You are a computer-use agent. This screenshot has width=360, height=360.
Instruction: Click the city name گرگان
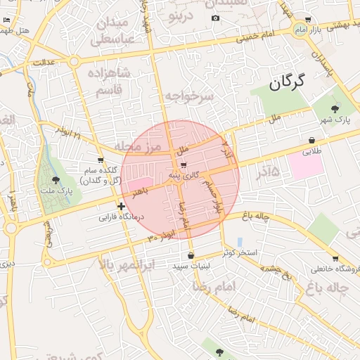pyautogui.click(x=288, y=84)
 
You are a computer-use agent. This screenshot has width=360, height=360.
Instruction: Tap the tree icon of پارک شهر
pyautogui.click(x=335, y=108)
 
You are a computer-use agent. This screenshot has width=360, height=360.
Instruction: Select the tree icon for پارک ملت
pyautogui.click(x=57, y=180)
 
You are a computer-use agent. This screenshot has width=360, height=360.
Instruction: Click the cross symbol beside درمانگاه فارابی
pyautogui.click(x=122, y=207)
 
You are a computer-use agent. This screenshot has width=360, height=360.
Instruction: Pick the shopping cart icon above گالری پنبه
pyautogui.click(x=184, y=165)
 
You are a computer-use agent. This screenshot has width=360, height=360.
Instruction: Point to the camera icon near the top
pyautogui.click(x=215, y=18)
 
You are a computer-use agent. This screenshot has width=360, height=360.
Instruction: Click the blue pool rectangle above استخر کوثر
pyautogui.click(x=240, y=242)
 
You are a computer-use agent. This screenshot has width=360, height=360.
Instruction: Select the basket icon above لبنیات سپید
pyautogui.click(x=191, y=255)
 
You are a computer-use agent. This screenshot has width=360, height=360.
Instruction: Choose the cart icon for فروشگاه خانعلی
pyautogui.click(x=335, y=258)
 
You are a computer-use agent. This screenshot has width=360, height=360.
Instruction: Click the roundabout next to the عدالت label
pyautogui.click(x=74, y=62)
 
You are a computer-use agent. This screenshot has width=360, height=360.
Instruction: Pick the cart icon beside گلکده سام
pyautogui.click(x=101, y=160)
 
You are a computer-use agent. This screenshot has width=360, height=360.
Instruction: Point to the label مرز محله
pyautogui.click(x=139, y=146)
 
